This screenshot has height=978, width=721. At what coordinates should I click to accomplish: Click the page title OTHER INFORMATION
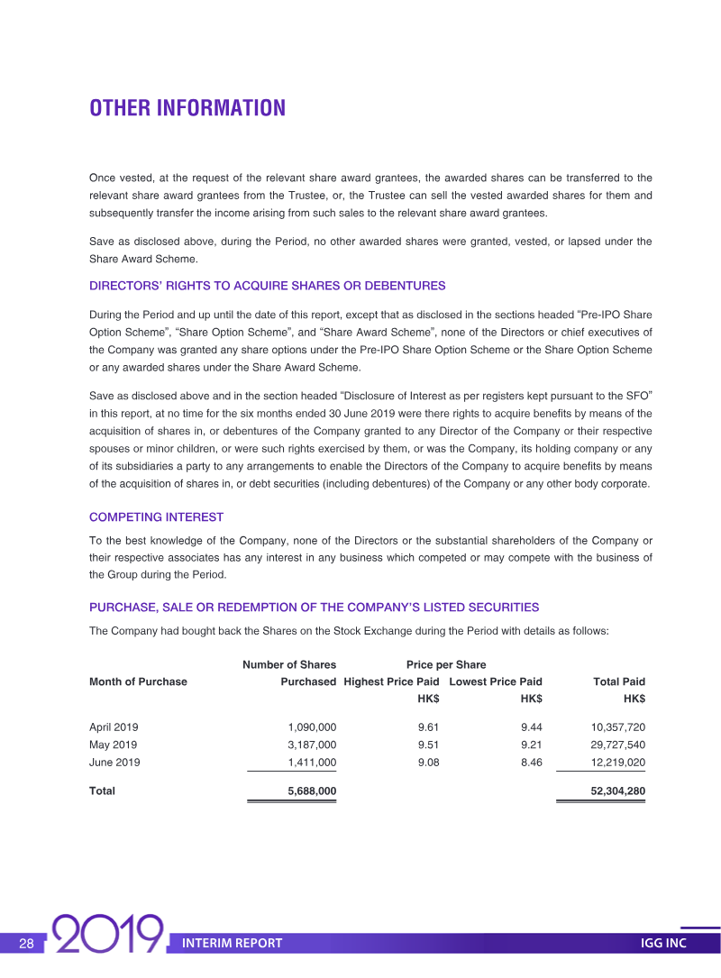[x=187, y=108]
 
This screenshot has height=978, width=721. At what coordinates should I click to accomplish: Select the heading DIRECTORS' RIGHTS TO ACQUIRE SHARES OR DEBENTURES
[x=267, y=286]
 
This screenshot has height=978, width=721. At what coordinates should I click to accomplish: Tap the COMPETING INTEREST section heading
[x=156, y=517]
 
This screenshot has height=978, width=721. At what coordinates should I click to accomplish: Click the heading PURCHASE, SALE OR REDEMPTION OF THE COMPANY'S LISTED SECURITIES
[x=314, y=608]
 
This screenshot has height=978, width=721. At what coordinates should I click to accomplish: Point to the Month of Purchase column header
[x=138, y=682]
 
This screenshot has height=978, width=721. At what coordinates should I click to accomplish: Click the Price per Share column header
[x=445, y=665]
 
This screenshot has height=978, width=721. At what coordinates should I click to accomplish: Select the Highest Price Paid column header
[x=391, y=682]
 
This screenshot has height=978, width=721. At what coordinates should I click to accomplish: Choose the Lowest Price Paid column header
[x=495, y=682]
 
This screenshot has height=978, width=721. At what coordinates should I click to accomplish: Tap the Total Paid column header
[x=618, y=682]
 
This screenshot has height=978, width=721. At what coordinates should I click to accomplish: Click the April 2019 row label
[x=114, y=727]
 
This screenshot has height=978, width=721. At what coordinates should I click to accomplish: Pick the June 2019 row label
[x=114, y=763]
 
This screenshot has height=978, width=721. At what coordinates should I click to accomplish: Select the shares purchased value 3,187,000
[x=312, y=745]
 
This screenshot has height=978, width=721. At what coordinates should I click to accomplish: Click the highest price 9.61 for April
[x=428, y=727]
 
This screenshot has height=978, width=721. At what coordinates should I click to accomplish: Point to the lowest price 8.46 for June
[x=531, y=763]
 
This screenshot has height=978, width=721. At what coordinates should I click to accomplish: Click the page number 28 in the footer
[x=27, y=944]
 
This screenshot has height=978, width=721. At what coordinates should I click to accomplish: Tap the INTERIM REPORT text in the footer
[x=232, y=944]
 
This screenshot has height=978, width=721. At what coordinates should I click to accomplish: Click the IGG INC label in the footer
[x=662, y=944]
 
